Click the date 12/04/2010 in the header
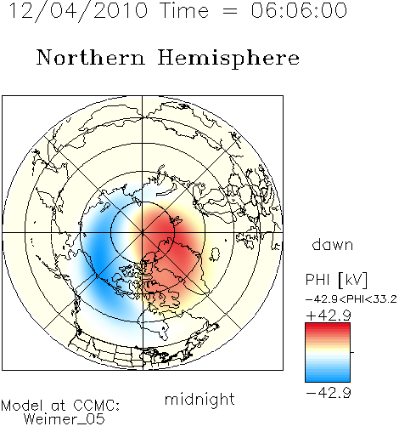78,11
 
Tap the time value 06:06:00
299,10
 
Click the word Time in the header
184,10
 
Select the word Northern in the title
91,57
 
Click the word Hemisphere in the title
228,59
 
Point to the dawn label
333,244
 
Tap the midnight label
199,399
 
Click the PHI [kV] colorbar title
336,280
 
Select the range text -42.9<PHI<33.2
351,299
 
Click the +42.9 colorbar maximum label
329,315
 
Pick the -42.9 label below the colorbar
329,393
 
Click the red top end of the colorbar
328,326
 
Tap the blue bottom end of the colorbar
328,379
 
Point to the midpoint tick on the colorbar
352,352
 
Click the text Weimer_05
65,419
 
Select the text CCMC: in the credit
97,406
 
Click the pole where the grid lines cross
143,232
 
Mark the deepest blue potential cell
98,255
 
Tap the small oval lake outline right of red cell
215,254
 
